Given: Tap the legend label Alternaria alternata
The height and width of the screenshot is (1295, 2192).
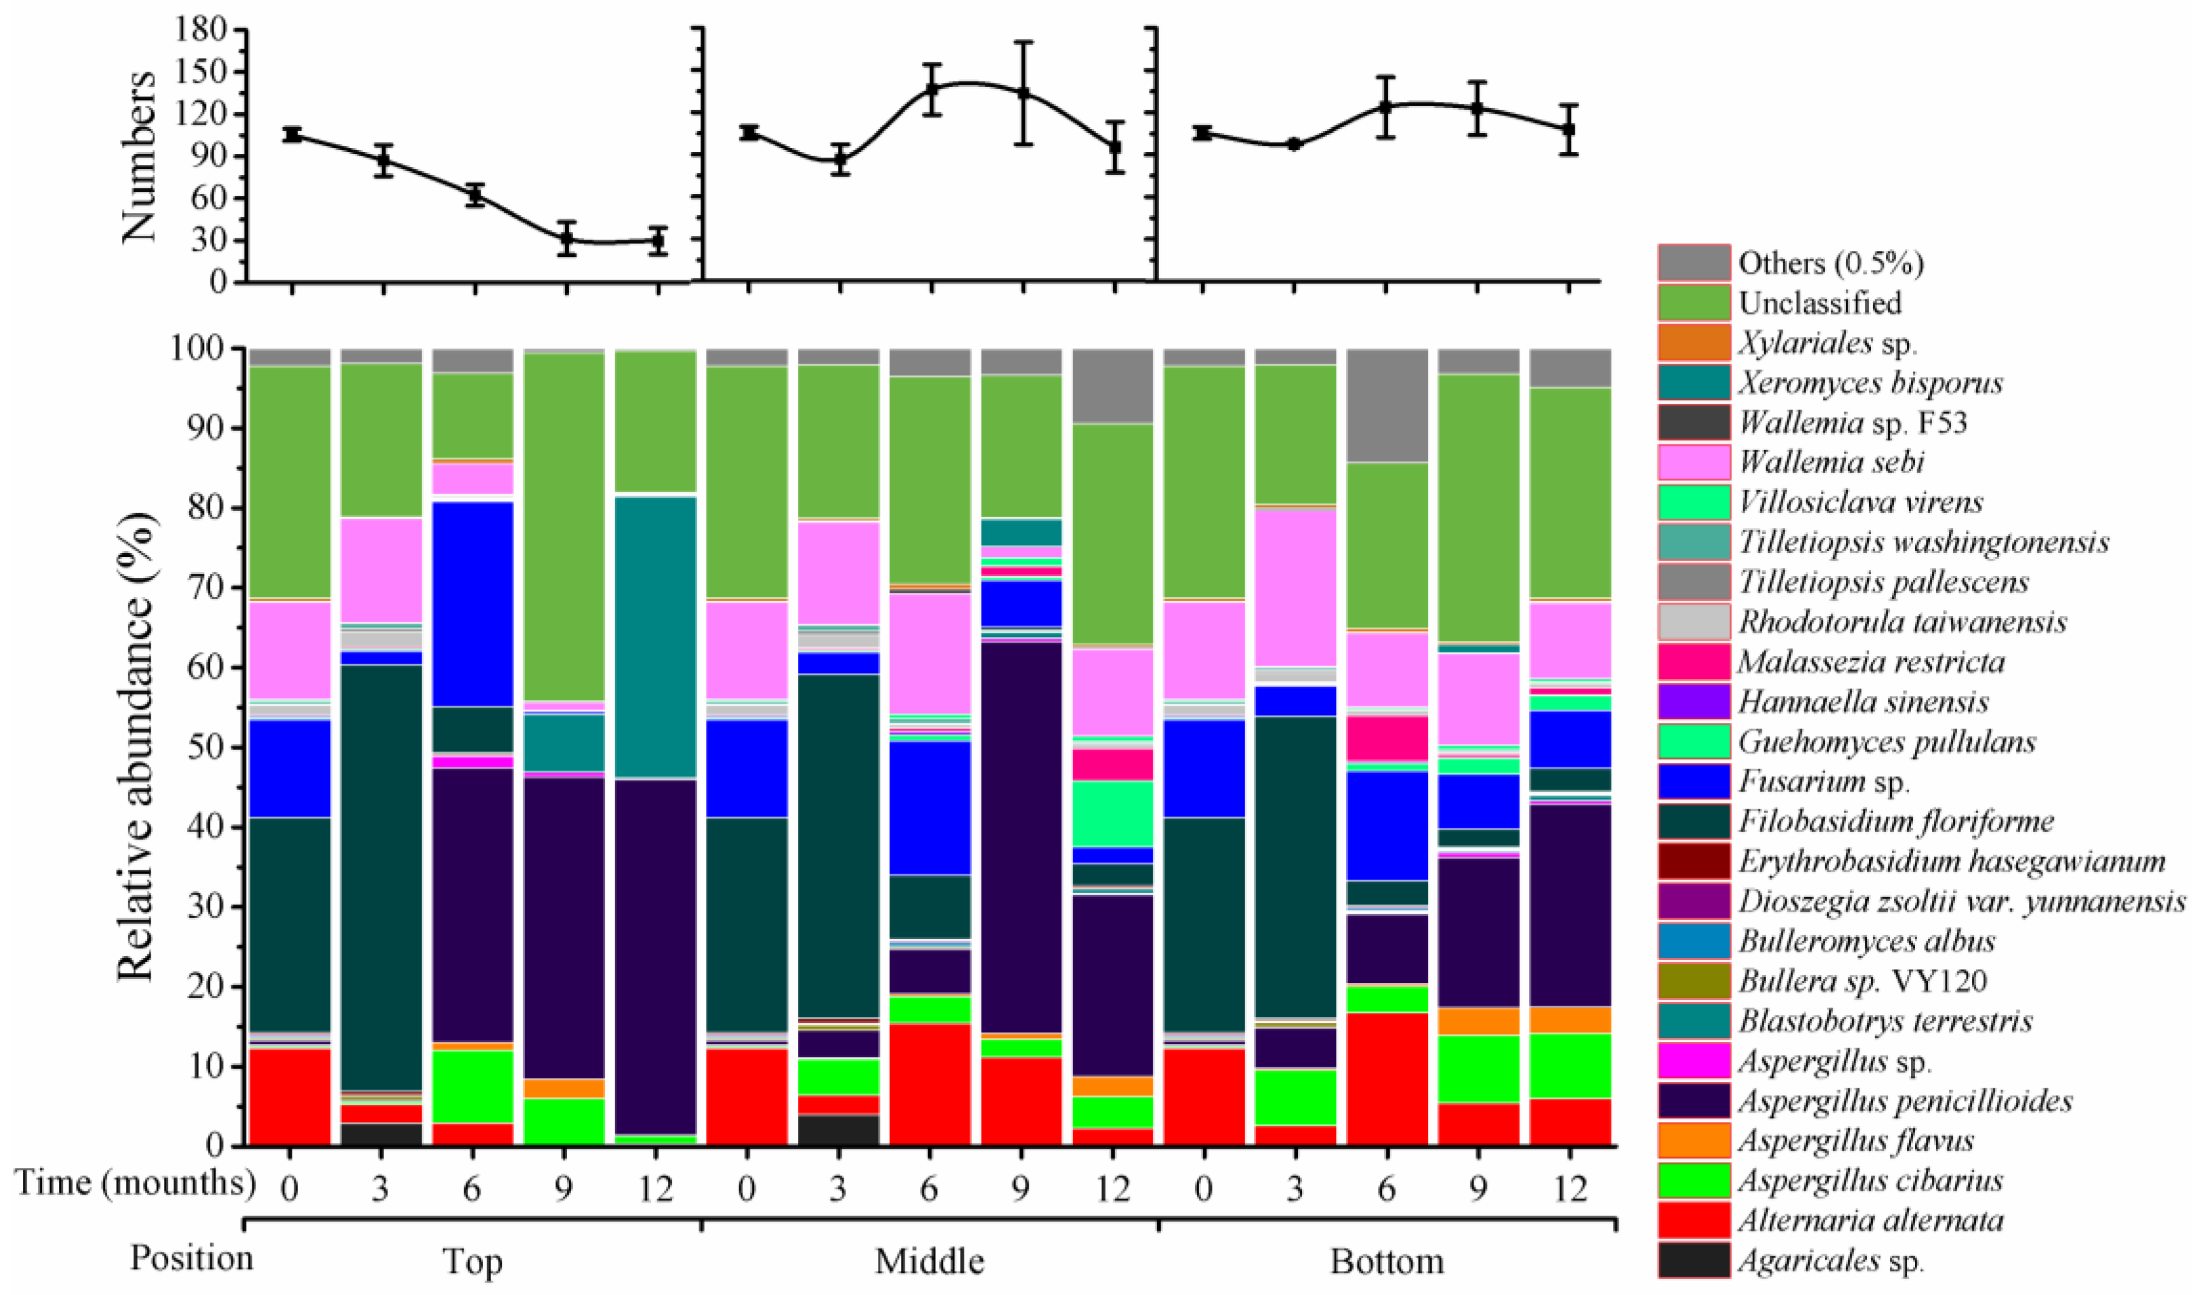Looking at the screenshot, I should click(x=1870, y=1220).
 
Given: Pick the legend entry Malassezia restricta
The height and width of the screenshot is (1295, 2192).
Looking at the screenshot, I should click(x=1870, y=661).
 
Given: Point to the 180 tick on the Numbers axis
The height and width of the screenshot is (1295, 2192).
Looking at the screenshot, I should click(x=202, y=30).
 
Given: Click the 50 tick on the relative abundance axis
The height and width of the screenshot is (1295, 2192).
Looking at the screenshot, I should click(x=209, y=748).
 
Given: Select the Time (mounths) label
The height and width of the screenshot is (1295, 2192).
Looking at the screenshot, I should click(x=135, y=1183).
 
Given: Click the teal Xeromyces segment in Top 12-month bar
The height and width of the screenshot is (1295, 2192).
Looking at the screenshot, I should click(x=655, y=637).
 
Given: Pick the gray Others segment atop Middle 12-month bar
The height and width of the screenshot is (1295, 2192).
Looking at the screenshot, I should click(x=1113, y=386).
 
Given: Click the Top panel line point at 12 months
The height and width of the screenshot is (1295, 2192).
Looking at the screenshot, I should click(x=657, y=241).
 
